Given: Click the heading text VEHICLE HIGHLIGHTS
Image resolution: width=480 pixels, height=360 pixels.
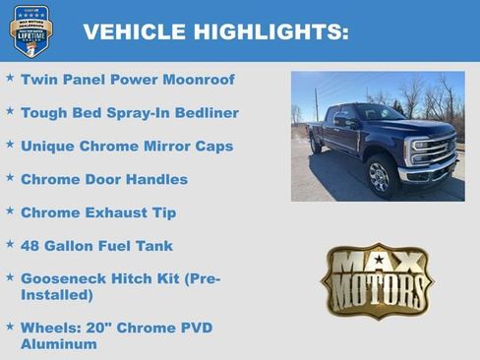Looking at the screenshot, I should [215, 31].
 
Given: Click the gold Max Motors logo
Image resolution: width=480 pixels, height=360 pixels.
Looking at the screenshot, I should [377, 281].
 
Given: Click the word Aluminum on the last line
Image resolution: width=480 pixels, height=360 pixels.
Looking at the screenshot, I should [59, 344].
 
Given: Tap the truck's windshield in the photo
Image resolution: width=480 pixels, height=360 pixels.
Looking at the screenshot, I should [378, 114].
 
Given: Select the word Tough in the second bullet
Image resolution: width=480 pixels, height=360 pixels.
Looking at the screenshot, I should [44, 113].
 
